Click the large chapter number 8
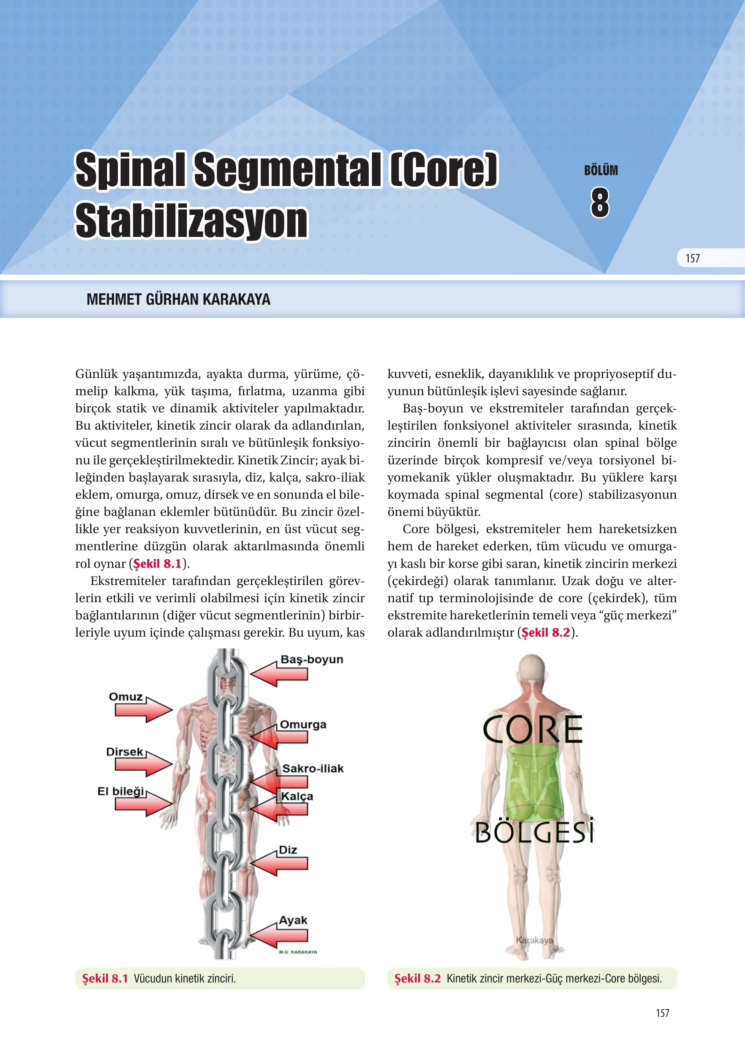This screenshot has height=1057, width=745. (600, 203)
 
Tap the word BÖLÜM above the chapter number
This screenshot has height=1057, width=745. (601, 170)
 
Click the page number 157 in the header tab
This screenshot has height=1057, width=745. (692, 258)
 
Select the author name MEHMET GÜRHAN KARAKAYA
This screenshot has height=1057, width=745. (178, 300)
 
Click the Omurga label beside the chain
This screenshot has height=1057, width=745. (303, 725)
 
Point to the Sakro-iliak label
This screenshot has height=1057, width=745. (313, 768)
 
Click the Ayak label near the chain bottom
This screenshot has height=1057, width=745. (293, 920)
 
